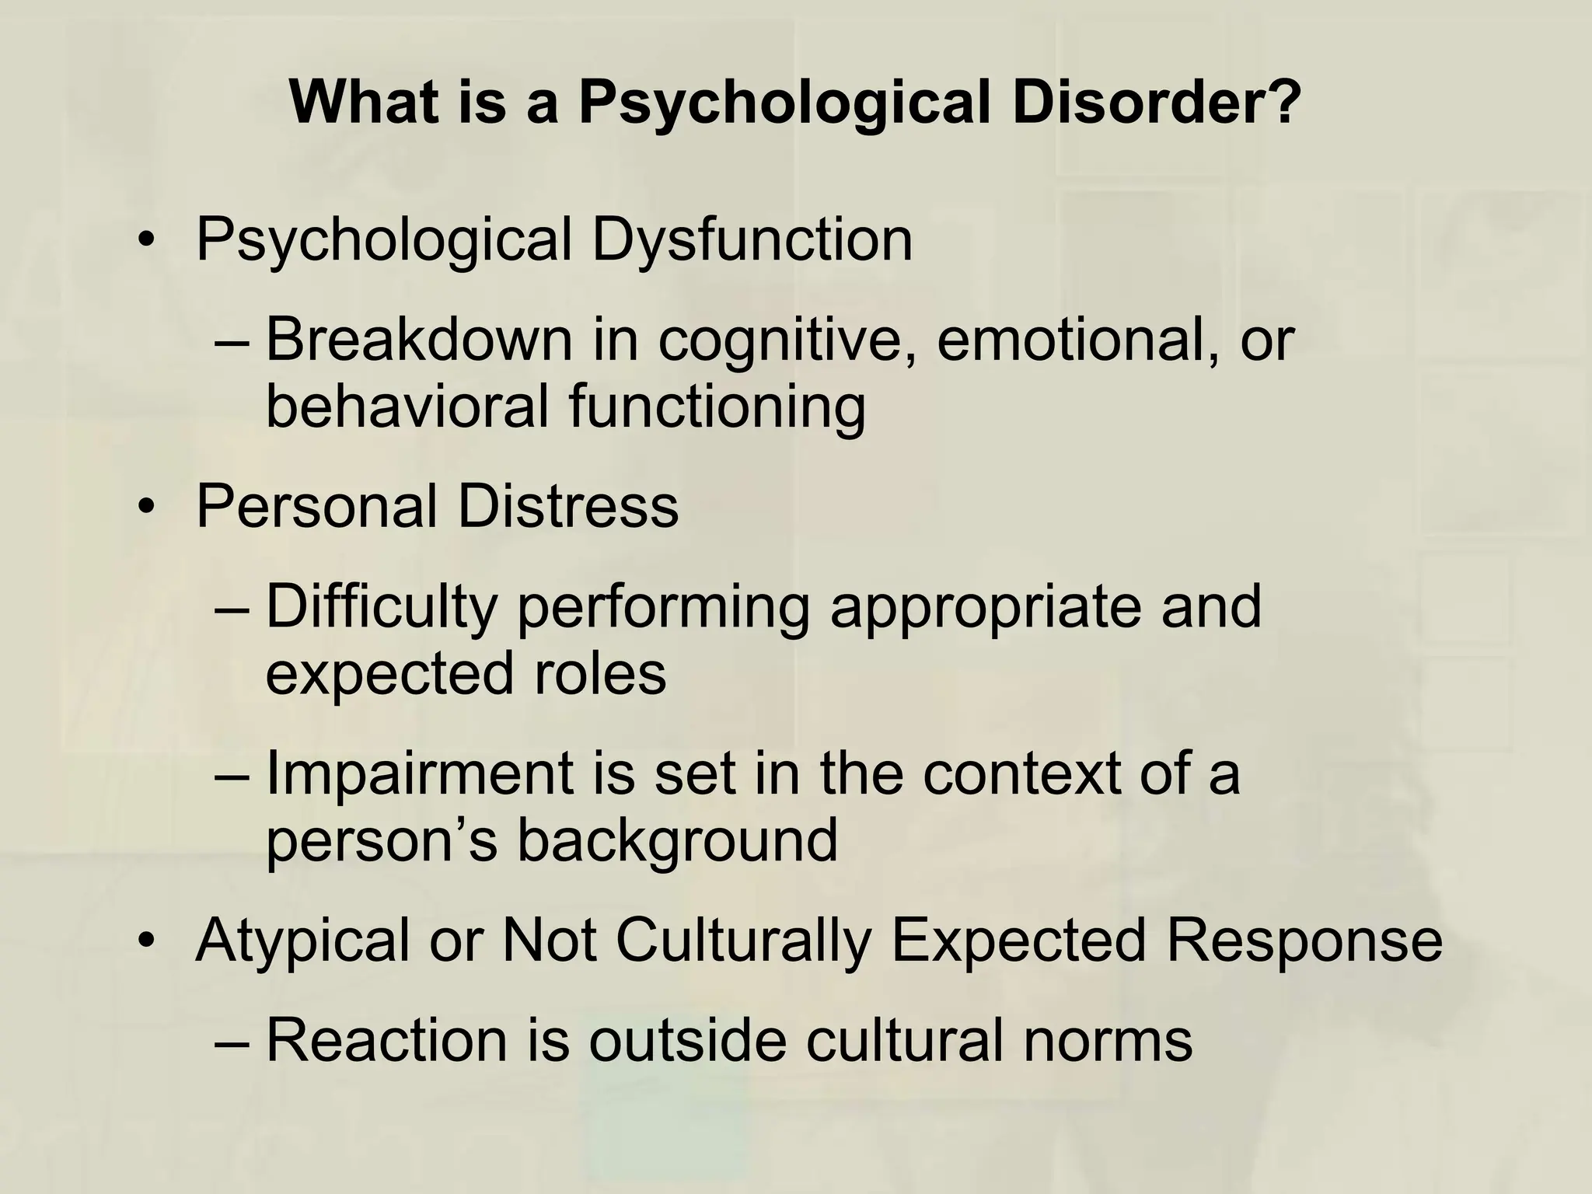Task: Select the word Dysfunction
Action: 752,240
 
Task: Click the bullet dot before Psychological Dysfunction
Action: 143,242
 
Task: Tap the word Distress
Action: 567,507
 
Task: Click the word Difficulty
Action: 382,607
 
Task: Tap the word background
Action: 677,841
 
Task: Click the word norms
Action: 1107,1042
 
